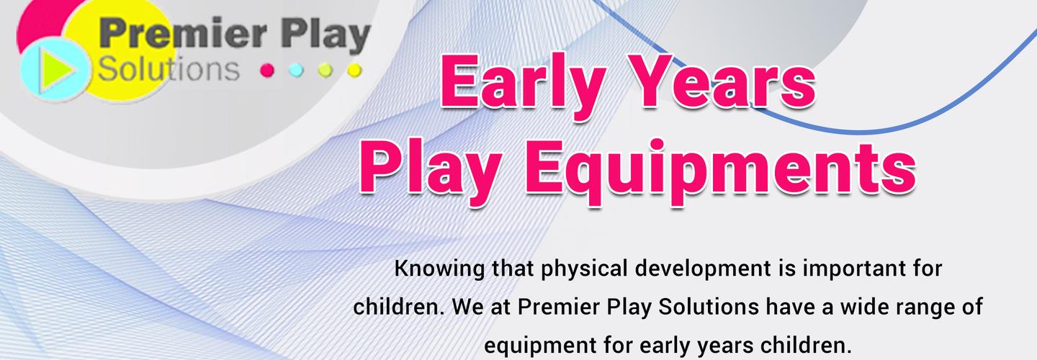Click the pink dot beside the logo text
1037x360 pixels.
[267, 71]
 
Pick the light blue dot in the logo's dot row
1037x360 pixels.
[295, 71]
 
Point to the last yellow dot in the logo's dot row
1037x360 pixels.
[353, 71]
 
